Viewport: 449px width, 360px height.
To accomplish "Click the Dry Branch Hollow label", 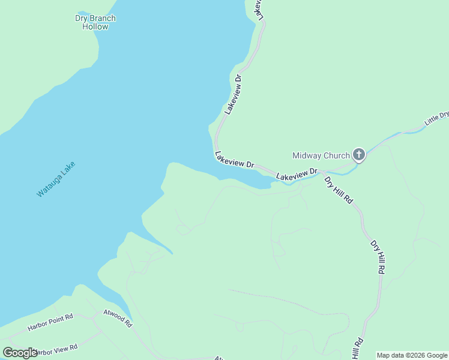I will coord(95,22).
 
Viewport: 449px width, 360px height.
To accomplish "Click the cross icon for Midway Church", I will coord(358,155).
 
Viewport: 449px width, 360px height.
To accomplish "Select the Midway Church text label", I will coord(321,155).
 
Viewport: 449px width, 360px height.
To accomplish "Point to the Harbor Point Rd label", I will coord(50,323).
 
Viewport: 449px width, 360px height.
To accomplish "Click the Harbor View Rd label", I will coord(56,348).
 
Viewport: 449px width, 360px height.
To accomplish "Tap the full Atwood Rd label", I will coord(118,317).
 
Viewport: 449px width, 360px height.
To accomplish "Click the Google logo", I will coord(20,353).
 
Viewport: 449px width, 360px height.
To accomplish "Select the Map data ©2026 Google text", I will coord(412,355).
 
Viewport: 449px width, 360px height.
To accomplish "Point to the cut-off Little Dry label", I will coord(436,118).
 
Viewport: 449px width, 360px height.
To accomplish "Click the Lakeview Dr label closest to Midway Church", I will coord(297,175).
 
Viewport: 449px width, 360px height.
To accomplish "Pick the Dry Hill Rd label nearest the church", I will coord(339,189).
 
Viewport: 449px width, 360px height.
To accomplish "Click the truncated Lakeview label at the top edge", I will coord(259,10).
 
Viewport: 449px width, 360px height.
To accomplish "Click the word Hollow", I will coord(95,26).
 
